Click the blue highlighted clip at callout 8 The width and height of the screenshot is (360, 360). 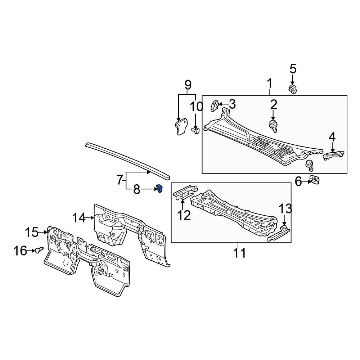coord(159,188)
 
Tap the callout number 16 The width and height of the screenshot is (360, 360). coord(21,251)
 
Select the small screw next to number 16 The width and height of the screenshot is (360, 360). coord(39,250)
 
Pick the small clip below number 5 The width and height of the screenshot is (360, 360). coord(292,89)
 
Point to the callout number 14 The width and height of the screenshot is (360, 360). coord(79,218)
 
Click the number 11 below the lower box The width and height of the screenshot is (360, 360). coord(239,253)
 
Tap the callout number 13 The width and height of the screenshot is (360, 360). coord(285,209)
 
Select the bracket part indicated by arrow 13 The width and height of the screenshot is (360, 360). coord(279,234)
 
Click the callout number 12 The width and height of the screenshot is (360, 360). coord(184,215)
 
